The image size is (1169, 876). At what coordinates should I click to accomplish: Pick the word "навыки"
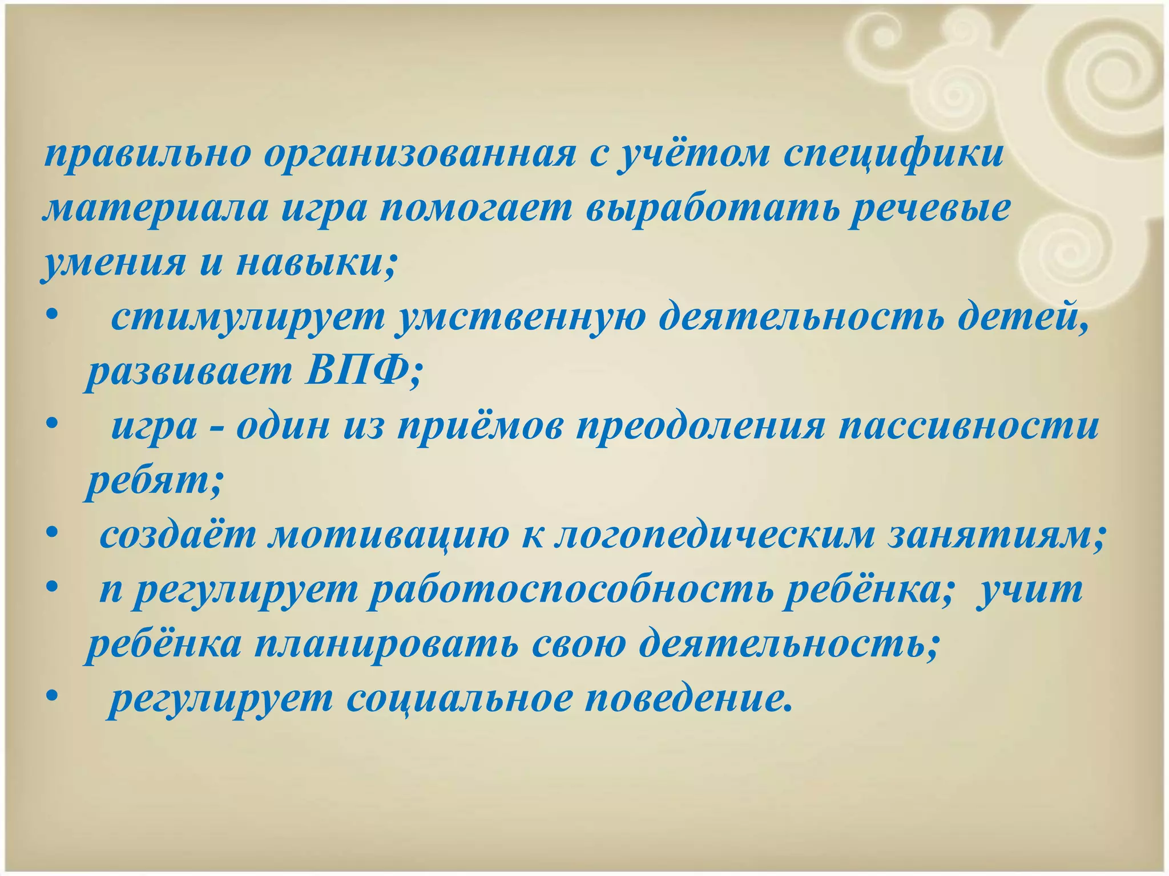(313, 263)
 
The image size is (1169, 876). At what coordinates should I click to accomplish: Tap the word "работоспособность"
(571, 590)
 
